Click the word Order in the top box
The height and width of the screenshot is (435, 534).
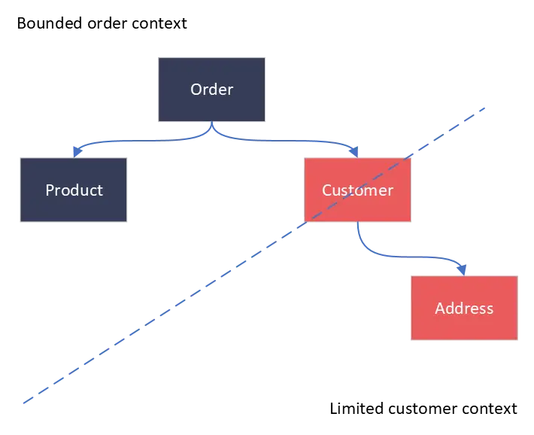coord(211,90)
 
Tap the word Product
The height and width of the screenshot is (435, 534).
coord(74,190)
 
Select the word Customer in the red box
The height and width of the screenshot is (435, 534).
coord(357,190)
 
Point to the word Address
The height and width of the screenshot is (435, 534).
coord(464,309)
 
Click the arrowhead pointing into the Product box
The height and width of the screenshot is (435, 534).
coord(75,152)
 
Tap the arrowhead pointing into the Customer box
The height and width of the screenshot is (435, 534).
coord(356,152)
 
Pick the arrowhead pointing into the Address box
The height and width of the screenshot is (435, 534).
coord(464,269)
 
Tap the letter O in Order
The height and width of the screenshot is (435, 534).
coord(196,90)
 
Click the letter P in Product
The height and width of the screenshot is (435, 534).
coord(50,190)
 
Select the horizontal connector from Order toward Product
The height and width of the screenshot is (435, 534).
coord(143,141)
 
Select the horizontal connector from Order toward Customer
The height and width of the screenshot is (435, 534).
coord(286,141)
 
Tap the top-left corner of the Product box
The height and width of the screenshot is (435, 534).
coord(20,158)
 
